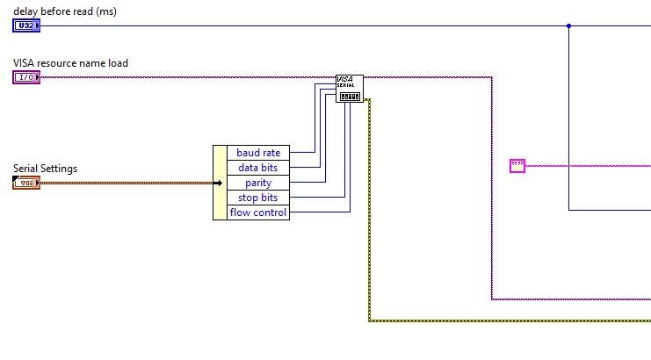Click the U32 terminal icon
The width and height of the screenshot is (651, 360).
(25, 25)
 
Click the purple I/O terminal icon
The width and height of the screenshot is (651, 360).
(25, 77)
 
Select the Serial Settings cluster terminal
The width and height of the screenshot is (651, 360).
(25, 183)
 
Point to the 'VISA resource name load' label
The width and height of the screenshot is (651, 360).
(70, 63)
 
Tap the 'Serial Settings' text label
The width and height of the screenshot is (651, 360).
(46, 168)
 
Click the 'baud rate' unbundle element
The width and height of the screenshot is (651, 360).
(258, 153)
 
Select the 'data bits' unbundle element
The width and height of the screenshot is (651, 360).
(258, 168)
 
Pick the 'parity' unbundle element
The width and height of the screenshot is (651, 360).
(258, 183)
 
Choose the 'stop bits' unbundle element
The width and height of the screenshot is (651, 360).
(258, 198)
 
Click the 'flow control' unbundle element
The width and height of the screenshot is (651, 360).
(258, 212)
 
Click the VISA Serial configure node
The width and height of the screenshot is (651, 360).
(349, 88)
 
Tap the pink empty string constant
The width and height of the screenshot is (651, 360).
(517, 165)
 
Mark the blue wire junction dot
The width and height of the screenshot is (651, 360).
(568, 25)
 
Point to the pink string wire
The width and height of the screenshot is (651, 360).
(589, 165)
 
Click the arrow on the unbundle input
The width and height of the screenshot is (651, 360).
(218, 183)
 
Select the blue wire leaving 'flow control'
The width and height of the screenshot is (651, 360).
(321, 212)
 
